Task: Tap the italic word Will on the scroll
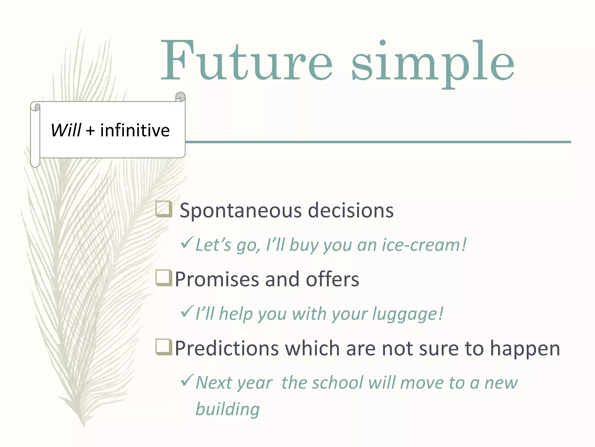click(66, 130)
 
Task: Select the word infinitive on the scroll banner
click(135, 130)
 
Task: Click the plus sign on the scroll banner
click(90, 131)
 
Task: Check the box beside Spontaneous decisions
click(164, 209)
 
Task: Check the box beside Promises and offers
click(164, 278)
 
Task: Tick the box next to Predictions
click(164, 347)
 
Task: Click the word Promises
click(216, 279)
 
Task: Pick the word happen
click(525, 349)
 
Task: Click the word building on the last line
click(227, 409)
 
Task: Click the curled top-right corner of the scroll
click(180, 96)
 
